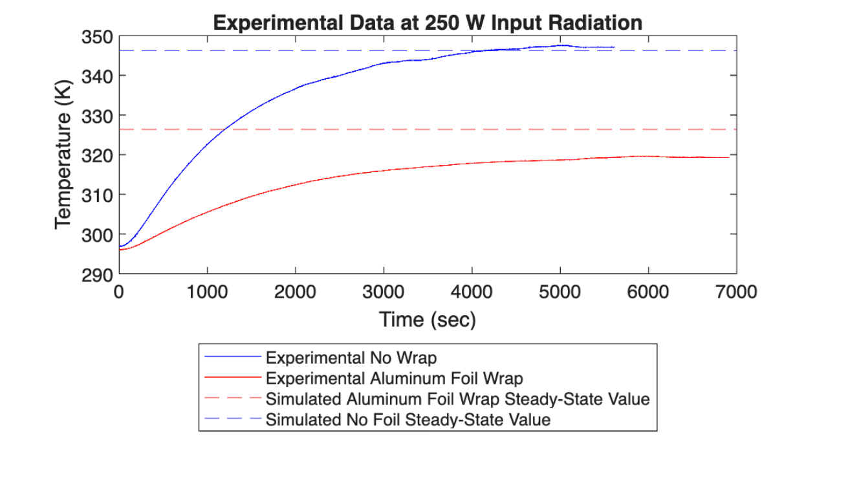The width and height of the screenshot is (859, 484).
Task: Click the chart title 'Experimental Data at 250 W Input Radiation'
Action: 428,23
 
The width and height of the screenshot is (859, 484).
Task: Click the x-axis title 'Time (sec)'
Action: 428,319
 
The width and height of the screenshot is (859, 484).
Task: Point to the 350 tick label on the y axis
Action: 96,37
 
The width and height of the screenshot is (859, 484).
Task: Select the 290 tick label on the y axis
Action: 96,274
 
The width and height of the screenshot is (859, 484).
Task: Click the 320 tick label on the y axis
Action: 96,155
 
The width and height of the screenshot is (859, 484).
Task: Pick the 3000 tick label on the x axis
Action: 384,292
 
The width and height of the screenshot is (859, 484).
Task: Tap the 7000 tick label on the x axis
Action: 737,292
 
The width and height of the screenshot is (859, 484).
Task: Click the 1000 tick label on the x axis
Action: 207,292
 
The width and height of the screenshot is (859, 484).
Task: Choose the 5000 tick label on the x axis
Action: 560,292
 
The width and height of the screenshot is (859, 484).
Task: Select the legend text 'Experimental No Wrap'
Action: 351,357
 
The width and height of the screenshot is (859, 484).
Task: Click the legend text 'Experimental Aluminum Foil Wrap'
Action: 394,378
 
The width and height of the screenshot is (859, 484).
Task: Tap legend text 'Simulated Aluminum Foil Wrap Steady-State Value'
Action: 457,399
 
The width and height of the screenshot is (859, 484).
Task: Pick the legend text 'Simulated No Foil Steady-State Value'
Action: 408,419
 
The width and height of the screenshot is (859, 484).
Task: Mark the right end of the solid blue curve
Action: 614,47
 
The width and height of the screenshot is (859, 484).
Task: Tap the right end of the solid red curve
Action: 728,157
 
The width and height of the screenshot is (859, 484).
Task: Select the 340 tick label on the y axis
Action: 96,76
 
